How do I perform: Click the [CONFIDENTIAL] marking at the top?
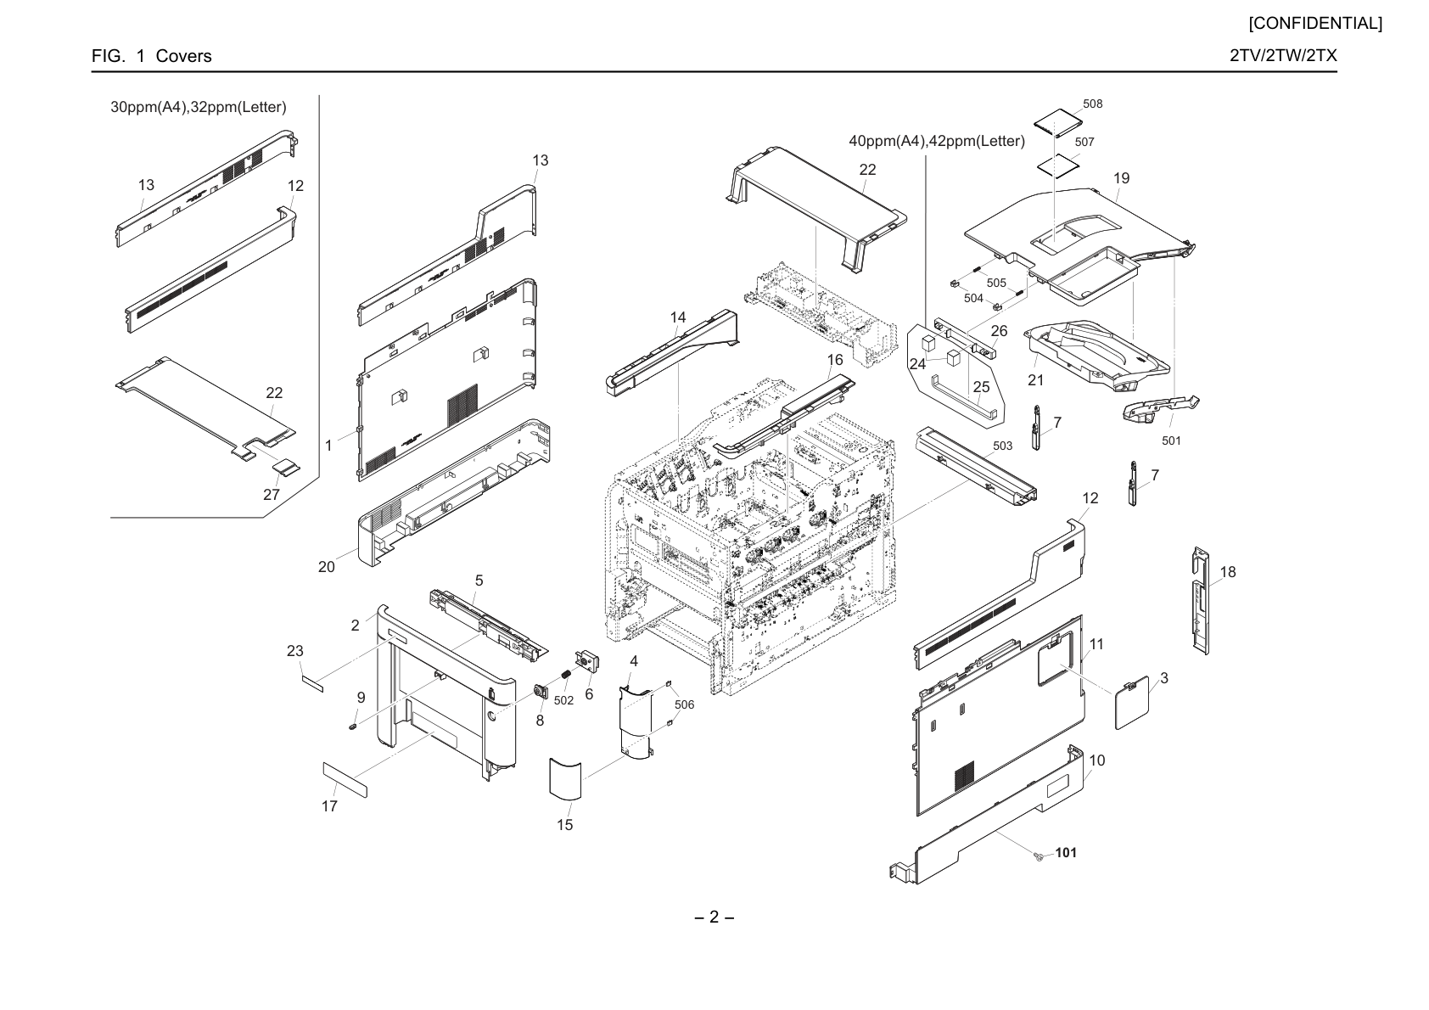(1315, 24)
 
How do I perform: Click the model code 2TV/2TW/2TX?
(1283, 55)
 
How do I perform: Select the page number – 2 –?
(714, 917)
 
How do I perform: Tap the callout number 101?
(1066, 852)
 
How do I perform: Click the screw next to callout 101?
(1039, 857)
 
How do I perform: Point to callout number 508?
(1092, 104)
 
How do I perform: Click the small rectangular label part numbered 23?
(312, 684)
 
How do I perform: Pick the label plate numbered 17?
(345, 779)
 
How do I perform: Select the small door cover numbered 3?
(1132, 703)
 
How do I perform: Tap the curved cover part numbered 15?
(565, 778)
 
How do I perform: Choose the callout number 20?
(326, 567)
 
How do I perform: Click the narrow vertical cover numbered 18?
(1201, 600)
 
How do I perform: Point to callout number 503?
(1002, 446)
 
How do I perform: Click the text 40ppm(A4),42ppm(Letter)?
(937, 141)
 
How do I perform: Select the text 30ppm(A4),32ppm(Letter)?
(199, 107)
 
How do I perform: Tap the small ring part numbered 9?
(353, 727)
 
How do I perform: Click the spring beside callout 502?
(565, 674)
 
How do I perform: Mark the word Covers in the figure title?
(184, 56)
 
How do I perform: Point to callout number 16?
(835, 360)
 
